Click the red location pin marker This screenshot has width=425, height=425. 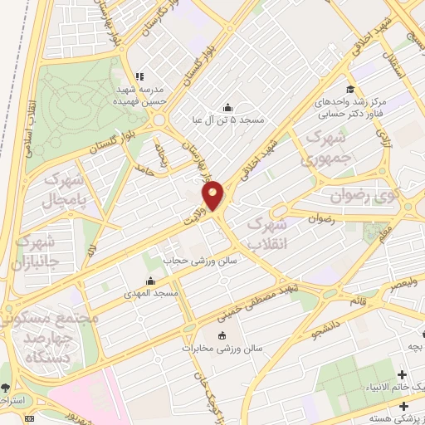(x=213, y=196)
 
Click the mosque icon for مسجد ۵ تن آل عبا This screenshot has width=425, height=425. (x=228, y=107)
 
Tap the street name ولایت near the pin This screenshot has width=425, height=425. (x=194, y=217)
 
